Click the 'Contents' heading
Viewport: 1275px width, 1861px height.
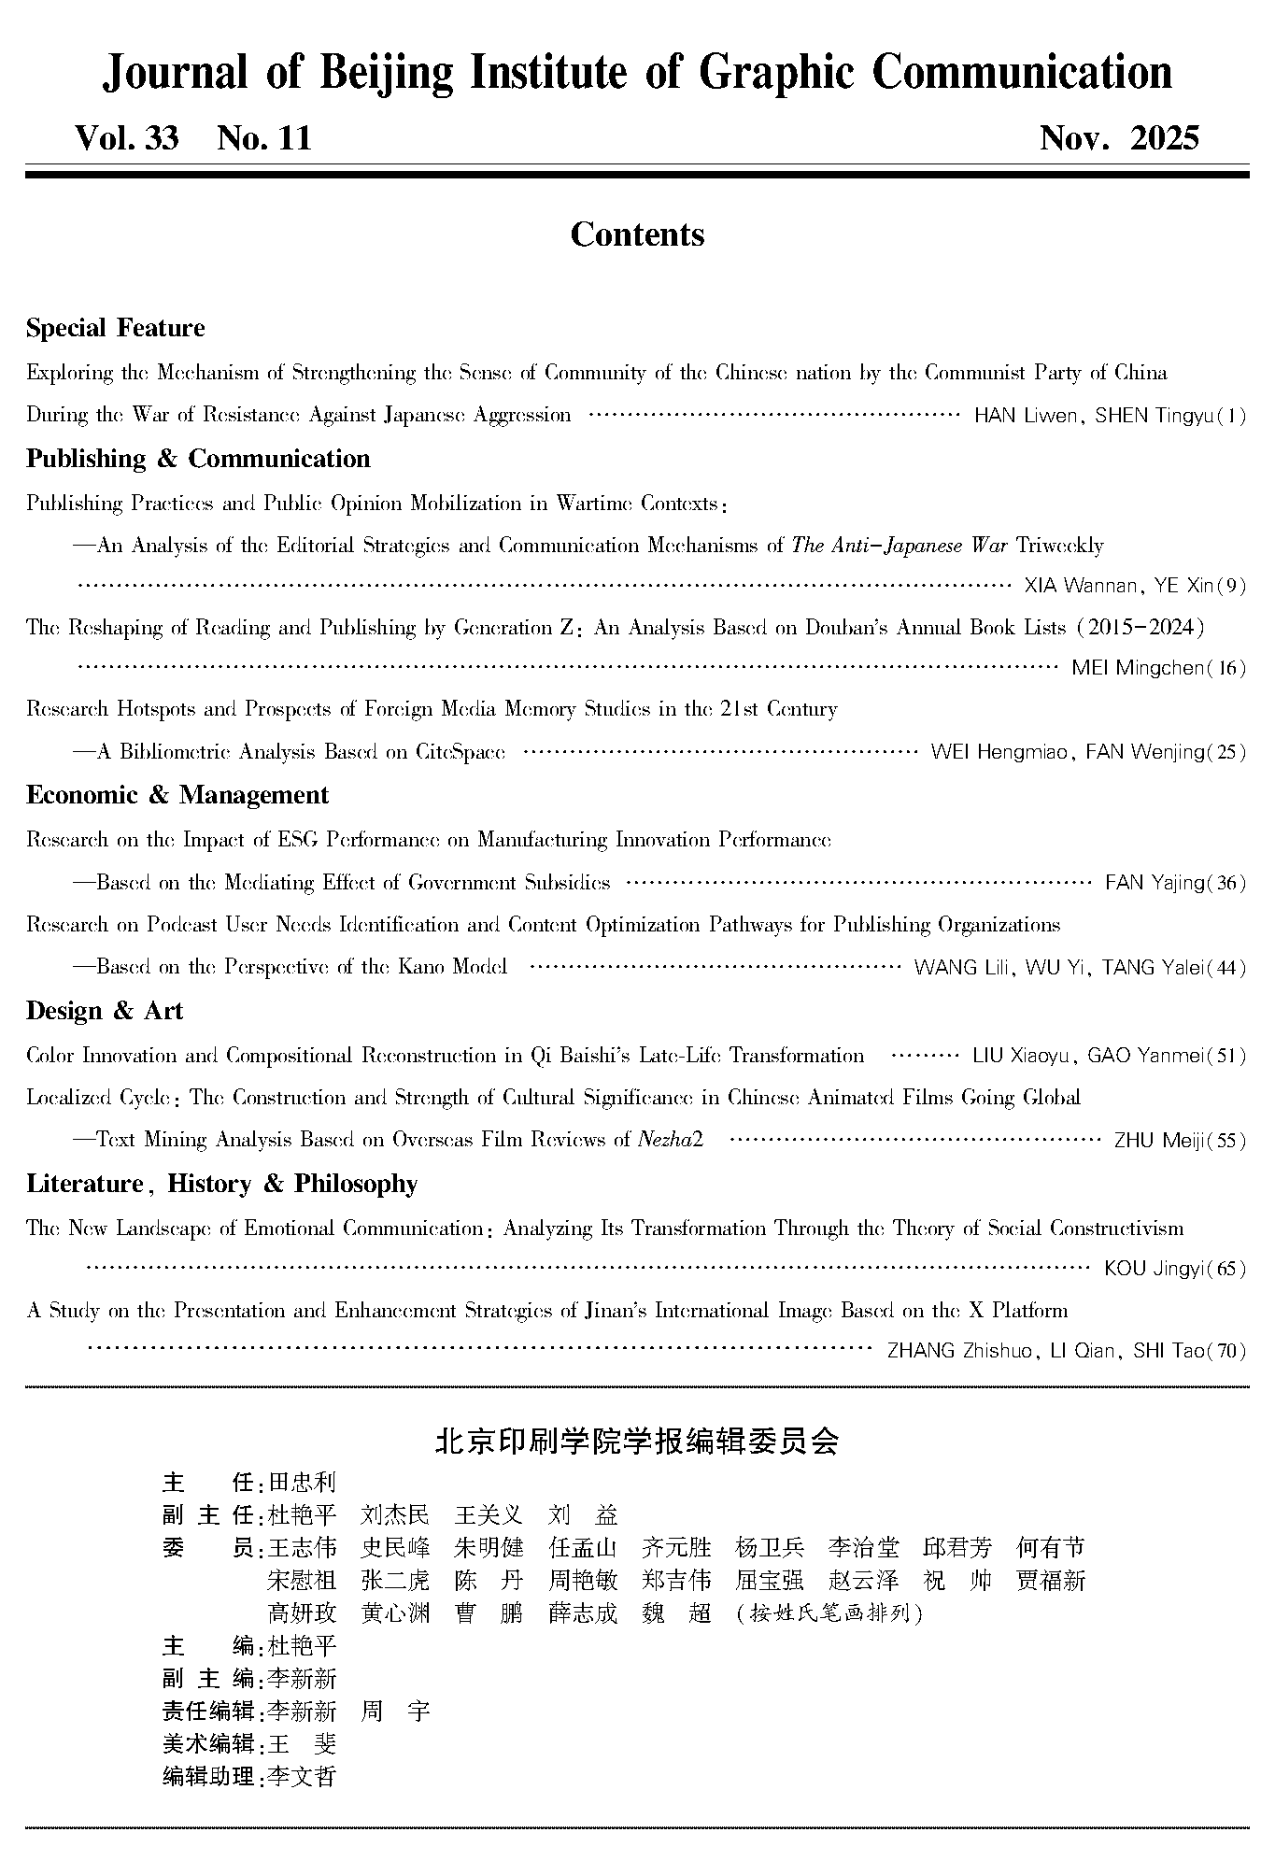click(x=637, y=234)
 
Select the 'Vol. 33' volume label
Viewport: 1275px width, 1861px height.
click(x=127, y=139)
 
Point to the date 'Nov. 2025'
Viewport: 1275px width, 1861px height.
click(x=1118, y=139)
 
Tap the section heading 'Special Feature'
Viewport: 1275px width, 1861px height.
click(x=116, y=329)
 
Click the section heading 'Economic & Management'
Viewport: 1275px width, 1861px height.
click(x=177, y=795)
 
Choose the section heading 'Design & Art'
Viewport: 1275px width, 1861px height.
click(x=105, y=1011)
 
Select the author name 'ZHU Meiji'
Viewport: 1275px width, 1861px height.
click(x=1159, y=1141)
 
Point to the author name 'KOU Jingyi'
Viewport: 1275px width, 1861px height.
click(x=1155, y=1270)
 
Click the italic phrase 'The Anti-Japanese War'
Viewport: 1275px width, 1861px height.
click(x=900, y=546)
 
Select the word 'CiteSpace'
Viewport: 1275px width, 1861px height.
click(x=460, y=752)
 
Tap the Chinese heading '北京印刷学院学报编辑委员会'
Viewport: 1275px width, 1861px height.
click(x=637, y=1442)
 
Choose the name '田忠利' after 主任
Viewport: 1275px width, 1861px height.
click(x=302, y=1483)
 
